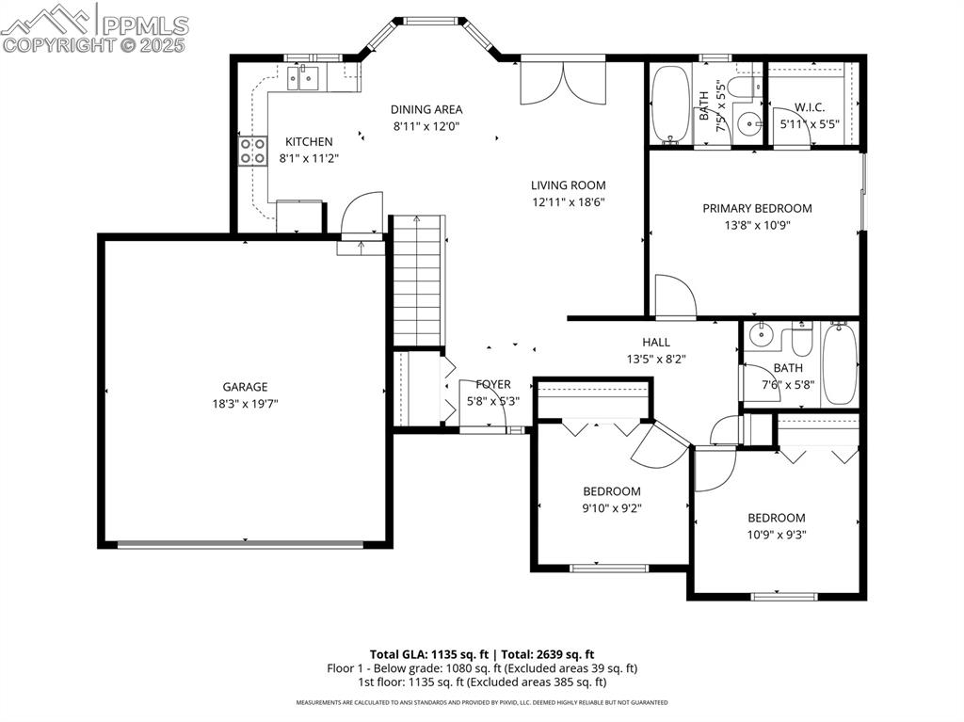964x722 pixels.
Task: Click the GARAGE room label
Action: [x=245, y=386]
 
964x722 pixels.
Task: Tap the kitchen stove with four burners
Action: [x=252, y=151]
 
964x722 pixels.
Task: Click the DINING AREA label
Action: [x=426, y=109]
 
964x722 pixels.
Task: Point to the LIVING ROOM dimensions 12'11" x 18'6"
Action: [x=568, y=201]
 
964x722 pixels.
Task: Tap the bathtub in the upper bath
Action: [x=669, y=104]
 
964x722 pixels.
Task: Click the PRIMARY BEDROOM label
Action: [x=757, y=208]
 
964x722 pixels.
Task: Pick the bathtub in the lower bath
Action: [x=839, y=363]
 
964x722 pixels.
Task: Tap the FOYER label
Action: [x=493, y=384]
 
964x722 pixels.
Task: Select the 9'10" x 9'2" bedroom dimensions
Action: [x=611, y=507]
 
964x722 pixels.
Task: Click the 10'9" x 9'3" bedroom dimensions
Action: [x=777, y=534]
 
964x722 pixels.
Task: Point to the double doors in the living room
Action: [x=563, y=83]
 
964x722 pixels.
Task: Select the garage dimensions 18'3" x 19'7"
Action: [x=245, y=403]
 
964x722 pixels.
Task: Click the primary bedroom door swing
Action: [x=674, y=295]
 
